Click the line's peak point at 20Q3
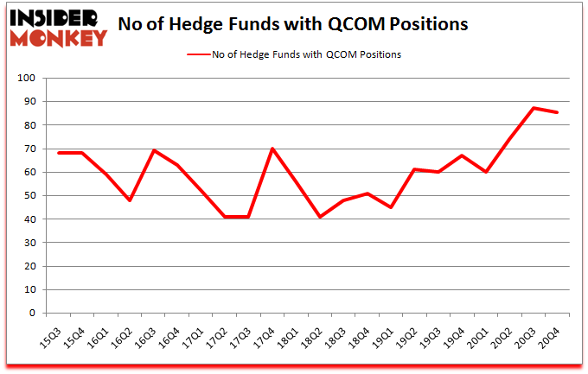coord(534,108)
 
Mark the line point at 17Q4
coord(272,149)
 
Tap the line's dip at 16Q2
coord(130,200)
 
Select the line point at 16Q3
coord(153,150)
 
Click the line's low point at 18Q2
coord(320,217)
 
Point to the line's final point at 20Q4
coord(557,112)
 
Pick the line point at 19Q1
coord(391,207)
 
